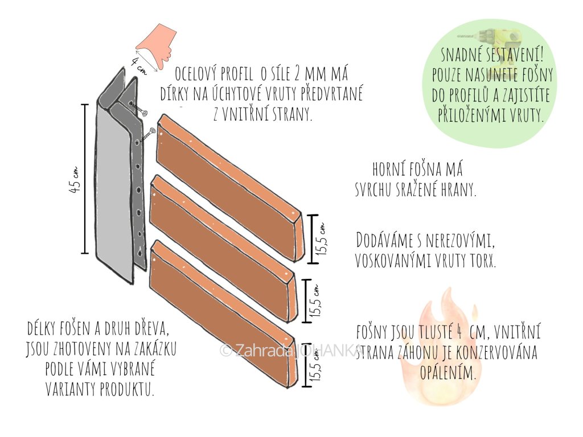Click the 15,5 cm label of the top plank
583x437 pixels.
pyautogui.click(x=322, y=239)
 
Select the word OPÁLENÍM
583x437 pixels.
pyautogui.click(x=447, y=373)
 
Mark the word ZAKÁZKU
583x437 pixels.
pyautogui.click(x=153, y=348)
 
